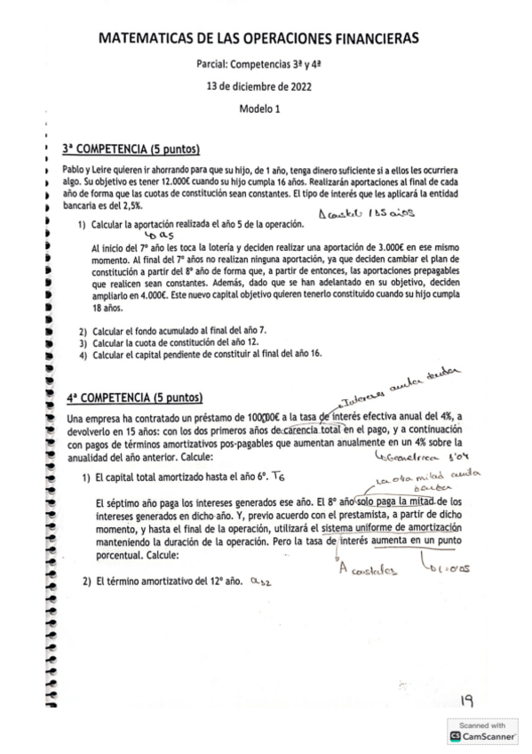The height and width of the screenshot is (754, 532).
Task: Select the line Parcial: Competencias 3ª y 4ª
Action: coord(258,66)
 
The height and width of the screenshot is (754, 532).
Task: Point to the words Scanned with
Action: coord(486,725)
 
